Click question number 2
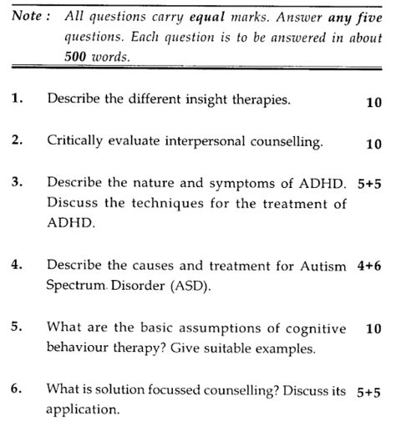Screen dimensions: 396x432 [x=17, y=141]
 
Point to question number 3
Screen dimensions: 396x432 [x=17, y=181]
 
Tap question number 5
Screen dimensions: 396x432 [x=17, y=328]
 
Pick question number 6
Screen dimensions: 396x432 [x=17, y=389]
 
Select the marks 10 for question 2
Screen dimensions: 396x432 [x=373, y=144]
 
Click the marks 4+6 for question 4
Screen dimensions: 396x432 [x=368, y=265]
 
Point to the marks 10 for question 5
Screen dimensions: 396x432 [x=373, y=328]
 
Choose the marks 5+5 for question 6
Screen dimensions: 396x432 [x=368, y=389]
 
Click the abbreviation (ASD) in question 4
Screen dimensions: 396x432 [x=189, y=285]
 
